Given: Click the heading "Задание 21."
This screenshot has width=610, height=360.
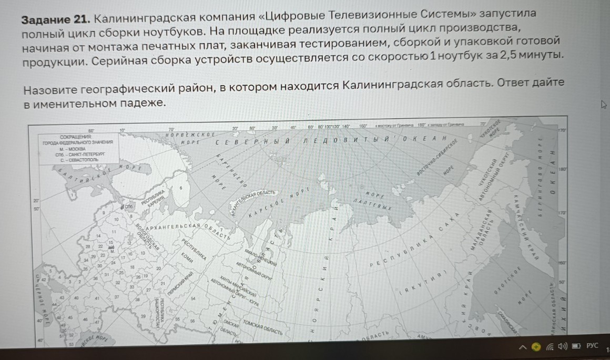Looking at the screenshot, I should pos(55,20).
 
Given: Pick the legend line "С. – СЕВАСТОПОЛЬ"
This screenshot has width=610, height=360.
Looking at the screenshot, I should pos(78,159).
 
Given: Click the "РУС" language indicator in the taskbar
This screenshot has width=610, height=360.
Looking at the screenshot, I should pos(592,345).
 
